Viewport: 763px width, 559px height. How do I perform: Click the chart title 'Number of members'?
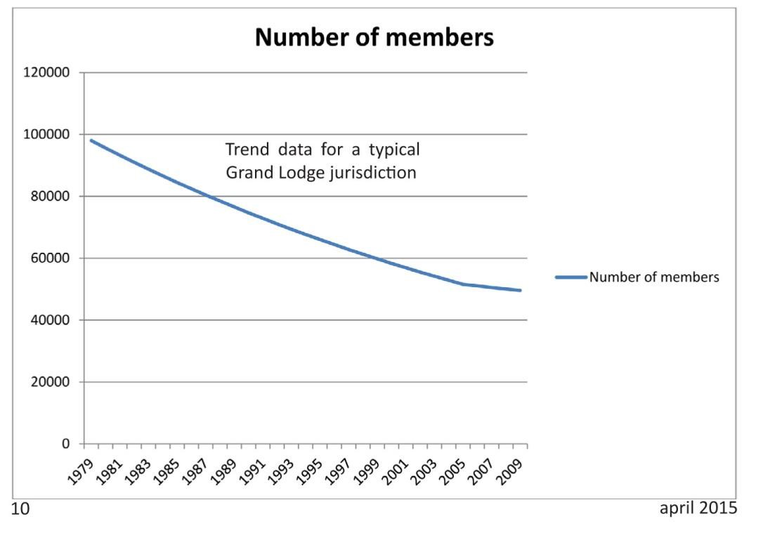[x=374, y=37]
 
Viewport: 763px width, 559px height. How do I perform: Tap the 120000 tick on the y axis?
[x=48, y=73]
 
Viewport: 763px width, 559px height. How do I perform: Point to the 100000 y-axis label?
[x=48, y=135]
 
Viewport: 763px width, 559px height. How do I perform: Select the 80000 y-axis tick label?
[x=51, y=197]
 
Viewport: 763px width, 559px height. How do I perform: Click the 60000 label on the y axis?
[x=51, y=258]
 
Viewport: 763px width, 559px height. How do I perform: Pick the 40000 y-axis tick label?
[x=51, y=320]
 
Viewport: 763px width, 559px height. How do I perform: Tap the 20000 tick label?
[x=51, y=383]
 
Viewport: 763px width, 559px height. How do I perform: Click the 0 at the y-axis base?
[x=66, y=445]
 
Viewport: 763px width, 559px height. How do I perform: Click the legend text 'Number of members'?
[x=653, y=277]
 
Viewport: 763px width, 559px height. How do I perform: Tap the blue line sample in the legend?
[x=570, y=277]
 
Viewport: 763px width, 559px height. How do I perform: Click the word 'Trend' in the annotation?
[x=247, y=150]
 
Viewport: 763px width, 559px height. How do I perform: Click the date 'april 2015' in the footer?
[x=698, y=508]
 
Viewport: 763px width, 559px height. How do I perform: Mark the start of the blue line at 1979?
[x=91, y=140]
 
